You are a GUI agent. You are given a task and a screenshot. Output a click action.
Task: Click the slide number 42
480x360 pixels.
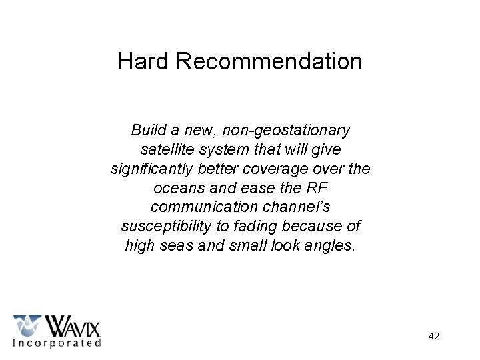pos(433,337)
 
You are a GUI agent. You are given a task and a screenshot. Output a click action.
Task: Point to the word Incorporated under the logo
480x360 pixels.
pos(57,343)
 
